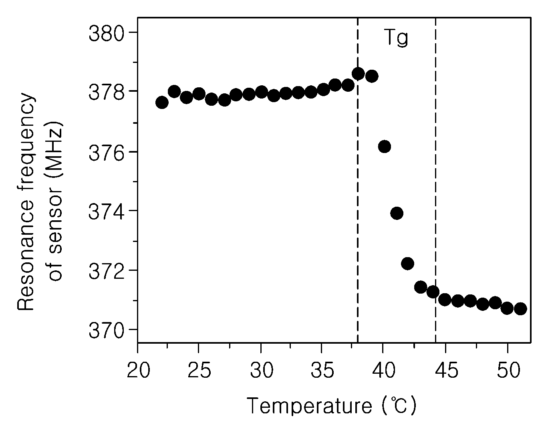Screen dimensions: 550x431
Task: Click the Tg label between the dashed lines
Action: click(x=396, y=38)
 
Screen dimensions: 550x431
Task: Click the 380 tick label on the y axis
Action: click(x=107, y=33)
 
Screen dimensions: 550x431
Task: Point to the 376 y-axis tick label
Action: click(x=107, y=152)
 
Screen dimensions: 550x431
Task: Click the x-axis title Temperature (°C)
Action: click(x=331, y=406)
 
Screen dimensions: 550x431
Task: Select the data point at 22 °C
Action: click(x=162, y=103)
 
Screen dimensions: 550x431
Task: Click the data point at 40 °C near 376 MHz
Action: click(x=385, y=147)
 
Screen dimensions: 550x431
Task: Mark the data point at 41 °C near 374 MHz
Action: click(x=397, y=213)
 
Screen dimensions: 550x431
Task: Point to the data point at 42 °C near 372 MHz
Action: click(x=407, y=264)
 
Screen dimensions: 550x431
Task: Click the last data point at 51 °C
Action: click(x=520, y=309)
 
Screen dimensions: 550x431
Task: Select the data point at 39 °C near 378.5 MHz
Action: click(x=372, y=76)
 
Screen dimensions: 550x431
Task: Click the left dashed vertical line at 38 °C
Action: click(x=358, y=180)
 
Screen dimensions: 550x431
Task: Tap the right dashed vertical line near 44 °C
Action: click(x=435, y=180)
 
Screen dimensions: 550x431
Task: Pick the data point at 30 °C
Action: click(x=262, y=92)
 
